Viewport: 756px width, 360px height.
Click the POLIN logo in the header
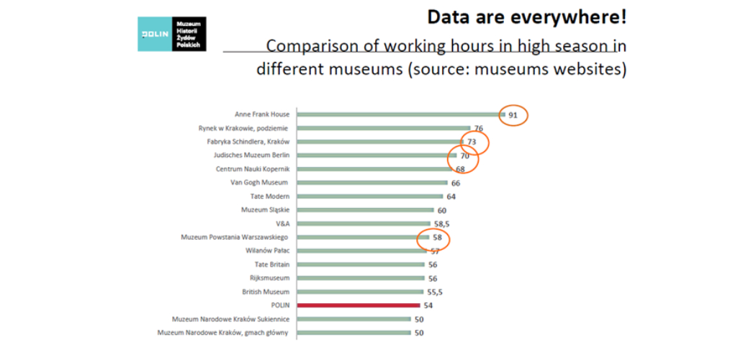pyautogui.click(x=172, y=34)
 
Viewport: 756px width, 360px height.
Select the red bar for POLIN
pyautogui.click(x=358, y=305)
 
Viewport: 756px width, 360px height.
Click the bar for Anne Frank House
pyautogui.click(x=400, y=114)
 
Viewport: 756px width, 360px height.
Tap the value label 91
pyautogui.click(x=514, y=114)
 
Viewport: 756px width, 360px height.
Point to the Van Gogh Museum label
pyautogui.click(x=259, y=183)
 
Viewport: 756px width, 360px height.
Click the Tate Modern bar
pyautogui.click(x=369, y=196)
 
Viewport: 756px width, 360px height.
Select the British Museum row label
pyautogui.click(x=266, y=292)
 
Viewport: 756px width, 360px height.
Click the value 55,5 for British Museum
pyautogui.click(x=436, y=292)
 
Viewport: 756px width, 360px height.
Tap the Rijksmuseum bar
pyautogui.click(x=361, y=278)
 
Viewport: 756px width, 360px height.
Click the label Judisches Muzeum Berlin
pyautogui.click(x=251, y=156)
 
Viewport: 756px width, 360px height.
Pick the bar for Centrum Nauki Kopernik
pyautogui.click(x=374, y=169)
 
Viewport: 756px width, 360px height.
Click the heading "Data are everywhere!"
pyautogui.click(x=526, y=17)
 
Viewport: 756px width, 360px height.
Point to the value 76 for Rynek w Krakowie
pyautogui.click(x=478, y=128)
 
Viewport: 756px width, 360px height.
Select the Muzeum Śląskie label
pyautogui.click(x=265, y=210)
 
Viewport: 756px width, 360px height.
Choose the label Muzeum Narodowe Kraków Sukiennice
pyautogui.click(x=230, y=319)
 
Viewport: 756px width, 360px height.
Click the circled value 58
pyautogui.click(x=436, y=238)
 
